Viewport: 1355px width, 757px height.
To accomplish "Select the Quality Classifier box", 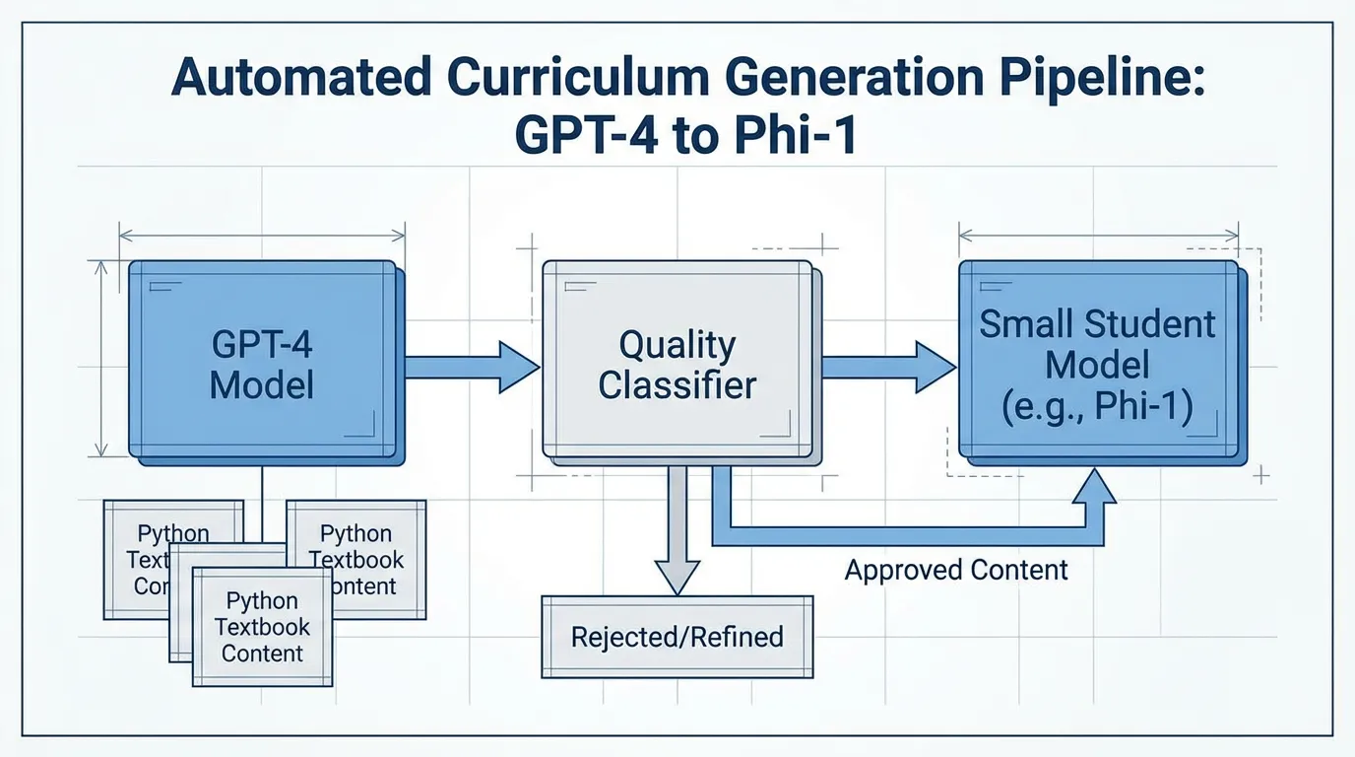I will (677, 363).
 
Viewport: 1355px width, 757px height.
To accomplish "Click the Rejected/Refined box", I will (677, 637).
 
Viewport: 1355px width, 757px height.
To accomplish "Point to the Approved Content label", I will (956, 570).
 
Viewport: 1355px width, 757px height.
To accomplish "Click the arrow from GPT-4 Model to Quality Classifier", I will (471, 367).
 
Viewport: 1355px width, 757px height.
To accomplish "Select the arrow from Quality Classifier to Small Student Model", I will (887, 367).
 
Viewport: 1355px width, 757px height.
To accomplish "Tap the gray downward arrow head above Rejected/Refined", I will (677, 575).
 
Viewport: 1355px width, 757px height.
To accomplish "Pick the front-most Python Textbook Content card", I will (262, 627).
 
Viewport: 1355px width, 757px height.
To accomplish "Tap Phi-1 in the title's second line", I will (794, 136).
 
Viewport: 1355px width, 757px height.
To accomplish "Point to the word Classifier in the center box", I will (677, 384).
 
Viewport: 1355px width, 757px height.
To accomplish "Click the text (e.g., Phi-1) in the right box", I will (1098, 406).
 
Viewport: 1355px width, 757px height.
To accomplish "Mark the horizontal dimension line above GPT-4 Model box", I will (262, 235).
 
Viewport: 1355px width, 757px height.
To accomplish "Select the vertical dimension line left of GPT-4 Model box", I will (100, 359).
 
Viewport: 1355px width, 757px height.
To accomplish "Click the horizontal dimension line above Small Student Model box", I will (1098, 236).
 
